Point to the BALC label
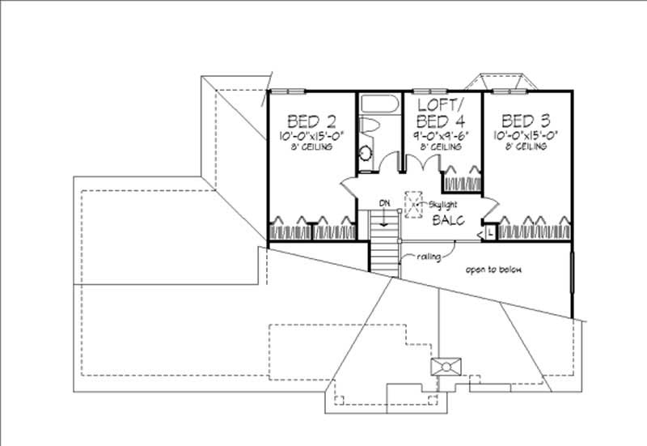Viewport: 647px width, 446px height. [447, 220]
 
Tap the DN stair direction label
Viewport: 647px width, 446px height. [385, 202]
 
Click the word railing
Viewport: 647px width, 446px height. [430, 258]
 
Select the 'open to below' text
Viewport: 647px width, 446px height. [492, 270]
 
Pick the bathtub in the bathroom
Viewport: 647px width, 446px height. [378, 104]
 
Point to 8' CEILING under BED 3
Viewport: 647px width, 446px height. [526, 147]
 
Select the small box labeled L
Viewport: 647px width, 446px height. [491, 232]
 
